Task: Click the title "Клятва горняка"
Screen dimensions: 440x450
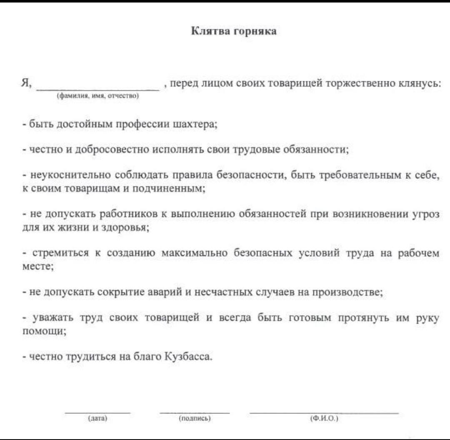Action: [234, 32]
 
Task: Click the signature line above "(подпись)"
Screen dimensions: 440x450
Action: [195, 412]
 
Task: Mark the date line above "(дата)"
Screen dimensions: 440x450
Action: [98, 412]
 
